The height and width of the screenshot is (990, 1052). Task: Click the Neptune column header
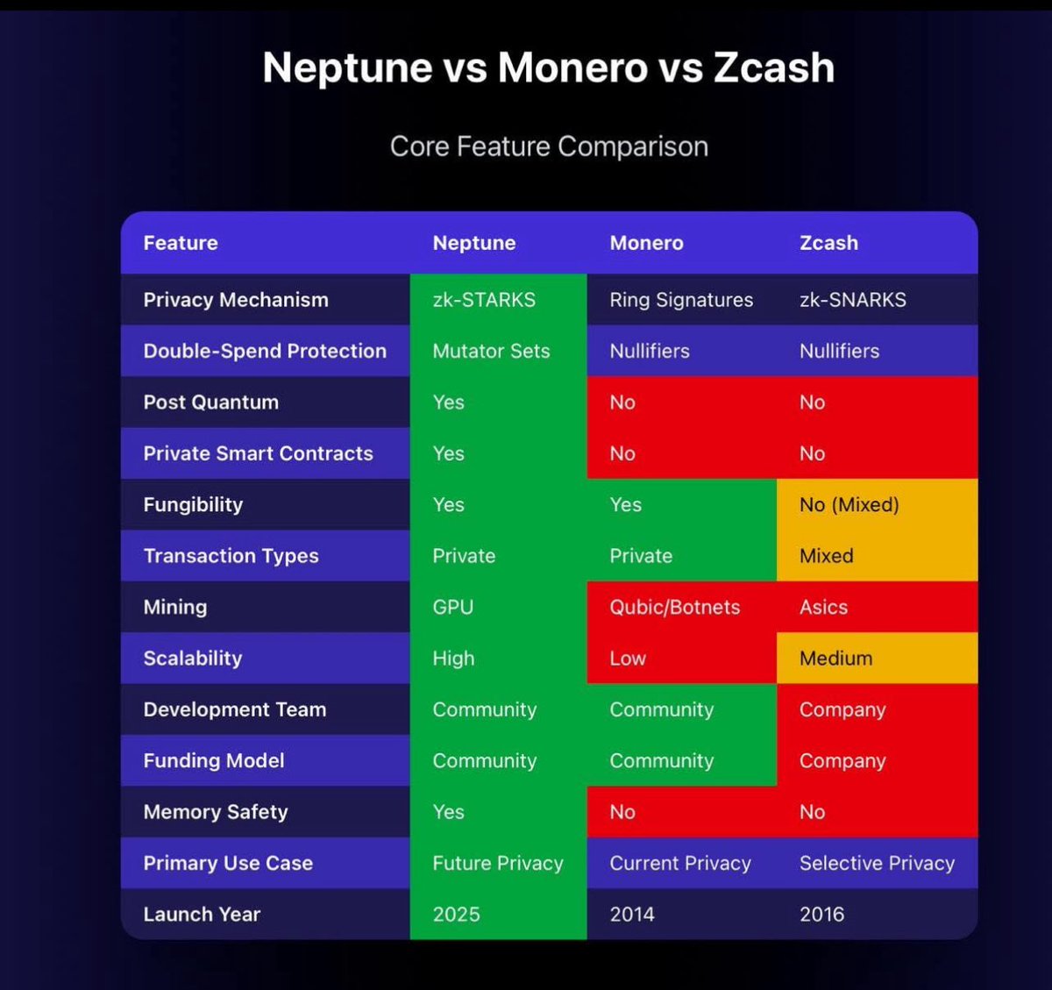(x=473, y=243)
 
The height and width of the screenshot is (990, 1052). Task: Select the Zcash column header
(x=828, y=243)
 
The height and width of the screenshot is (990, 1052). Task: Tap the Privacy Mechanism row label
(x=236, y=300)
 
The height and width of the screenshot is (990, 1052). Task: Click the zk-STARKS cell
(x=484, y=300)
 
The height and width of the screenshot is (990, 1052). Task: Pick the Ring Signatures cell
(x=681, y=300)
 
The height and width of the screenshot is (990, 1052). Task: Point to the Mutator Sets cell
(x=491, y=351)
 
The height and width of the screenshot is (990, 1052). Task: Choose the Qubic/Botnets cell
(x=674, y=607)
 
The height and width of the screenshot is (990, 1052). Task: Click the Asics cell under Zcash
(x=823, y=607)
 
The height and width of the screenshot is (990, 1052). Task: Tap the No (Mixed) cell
(x=849, y=505)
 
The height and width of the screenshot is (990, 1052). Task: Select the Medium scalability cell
(x=835, y=659)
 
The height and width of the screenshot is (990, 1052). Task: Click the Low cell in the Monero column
(x=628, y=659)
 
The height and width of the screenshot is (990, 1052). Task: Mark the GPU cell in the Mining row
(x=452, y=607)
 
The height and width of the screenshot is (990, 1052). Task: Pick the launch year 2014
(x=631, y=915)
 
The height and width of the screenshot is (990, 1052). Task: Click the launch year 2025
(x=456, y=915)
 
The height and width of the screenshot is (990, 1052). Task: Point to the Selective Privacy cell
(x=877, y=864)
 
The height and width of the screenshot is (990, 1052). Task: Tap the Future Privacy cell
(x=497, y=864)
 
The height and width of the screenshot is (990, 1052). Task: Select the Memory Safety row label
(x=216, y=812)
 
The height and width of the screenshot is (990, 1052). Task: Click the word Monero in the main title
(x=572, y=68)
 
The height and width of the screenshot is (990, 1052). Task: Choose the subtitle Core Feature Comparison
(x=549, y=146)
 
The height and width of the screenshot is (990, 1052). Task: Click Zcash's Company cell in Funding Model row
(x=842, y=761)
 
